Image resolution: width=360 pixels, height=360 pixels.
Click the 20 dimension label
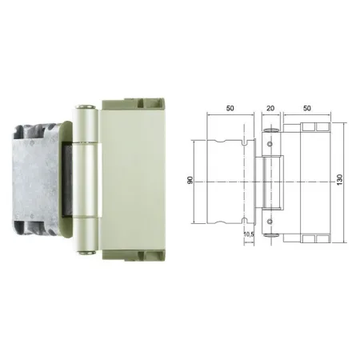(x=270, y=108)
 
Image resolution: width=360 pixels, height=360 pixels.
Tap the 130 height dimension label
(x=339, y=180)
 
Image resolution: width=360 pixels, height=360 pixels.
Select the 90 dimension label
(x=190, y=180)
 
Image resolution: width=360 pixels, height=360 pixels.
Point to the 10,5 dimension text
(x=249, y=234)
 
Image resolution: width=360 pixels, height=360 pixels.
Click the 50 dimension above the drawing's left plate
(x=230, y=108)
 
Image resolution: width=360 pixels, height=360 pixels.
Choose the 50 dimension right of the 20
(x=307, y=108)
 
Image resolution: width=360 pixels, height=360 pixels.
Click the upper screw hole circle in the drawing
(x=270, y=144)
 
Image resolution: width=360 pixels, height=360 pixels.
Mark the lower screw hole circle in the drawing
(x=270, y=222)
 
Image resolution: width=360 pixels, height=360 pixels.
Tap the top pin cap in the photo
(x=86, y=107)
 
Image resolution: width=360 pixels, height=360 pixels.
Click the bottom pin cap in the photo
(x=86, y=253)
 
